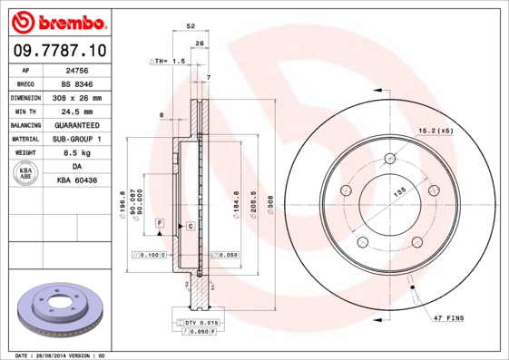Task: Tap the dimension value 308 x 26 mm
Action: [x=76, y=97]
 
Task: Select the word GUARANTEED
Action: [x=76, y=125]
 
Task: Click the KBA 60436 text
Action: [x=77, y=181]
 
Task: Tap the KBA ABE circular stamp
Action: [x=27, y=174]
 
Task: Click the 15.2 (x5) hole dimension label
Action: [x=436, y=131]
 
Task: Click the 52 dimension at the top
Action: [x=191, y=27]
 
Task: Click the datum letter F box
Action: [x=159, y=222]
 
